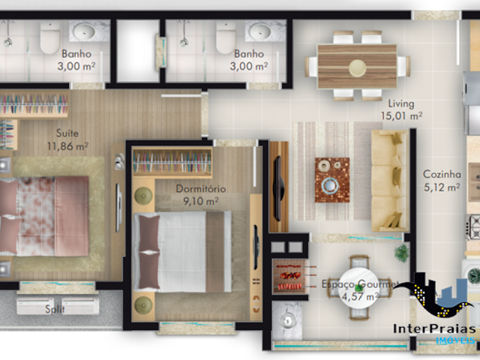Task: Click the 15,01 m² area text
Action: (401, 115)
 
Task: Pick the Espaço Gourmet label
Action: (357, 285)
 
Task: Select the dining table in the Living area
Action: (356, 64)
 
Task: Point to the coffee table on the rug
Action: (331, 180)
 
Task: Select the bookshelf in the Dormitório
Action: (172, 162)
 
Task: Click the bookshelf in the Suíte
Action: (34, 101)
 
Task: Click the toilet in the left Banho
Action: (50, 36)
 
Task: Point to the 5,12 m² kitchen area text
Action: (440, 188)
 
